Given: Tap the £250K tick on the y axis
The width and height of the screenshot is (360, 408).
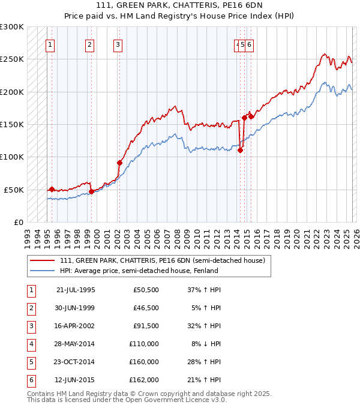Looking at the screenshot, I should [x=12, y=59].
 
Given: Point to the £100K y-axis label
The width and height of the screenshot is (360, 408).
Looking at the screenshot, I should [x=12, y=157].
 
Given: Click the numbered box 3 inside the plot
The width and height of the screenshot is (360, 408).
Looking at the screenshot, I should [x=118, y=44].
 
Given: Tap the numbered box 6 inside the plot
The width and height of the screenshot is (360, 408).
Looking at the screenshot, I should [x=249, y=44].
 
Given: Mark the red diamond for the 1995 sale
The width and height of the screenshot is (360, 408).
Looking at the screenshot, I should [x=52, y=189].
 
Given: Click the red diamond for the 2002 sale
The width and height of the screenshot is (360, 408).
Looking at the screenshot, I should [x=119, y=163].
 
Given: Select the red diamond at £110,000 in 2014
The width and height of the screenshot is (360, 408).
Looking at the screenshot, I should [x=240, y=151].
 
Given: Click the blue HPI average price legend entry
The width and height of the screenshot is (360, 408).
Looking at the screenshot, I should [x=139, y=271].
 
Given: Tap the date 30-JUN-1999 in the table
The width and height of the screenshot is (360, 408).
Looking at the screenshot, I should [x=76, y=308].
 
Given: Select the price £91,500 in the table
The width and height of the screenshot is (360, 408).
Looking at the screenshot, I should [x=146, y=326].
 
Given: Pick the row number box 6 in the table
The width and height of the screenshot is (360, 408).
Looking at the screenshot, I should [x=30, y=380].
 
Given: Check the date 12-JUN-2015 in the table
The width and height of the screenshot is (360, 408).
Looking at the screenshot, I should [x=76, y=380].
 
